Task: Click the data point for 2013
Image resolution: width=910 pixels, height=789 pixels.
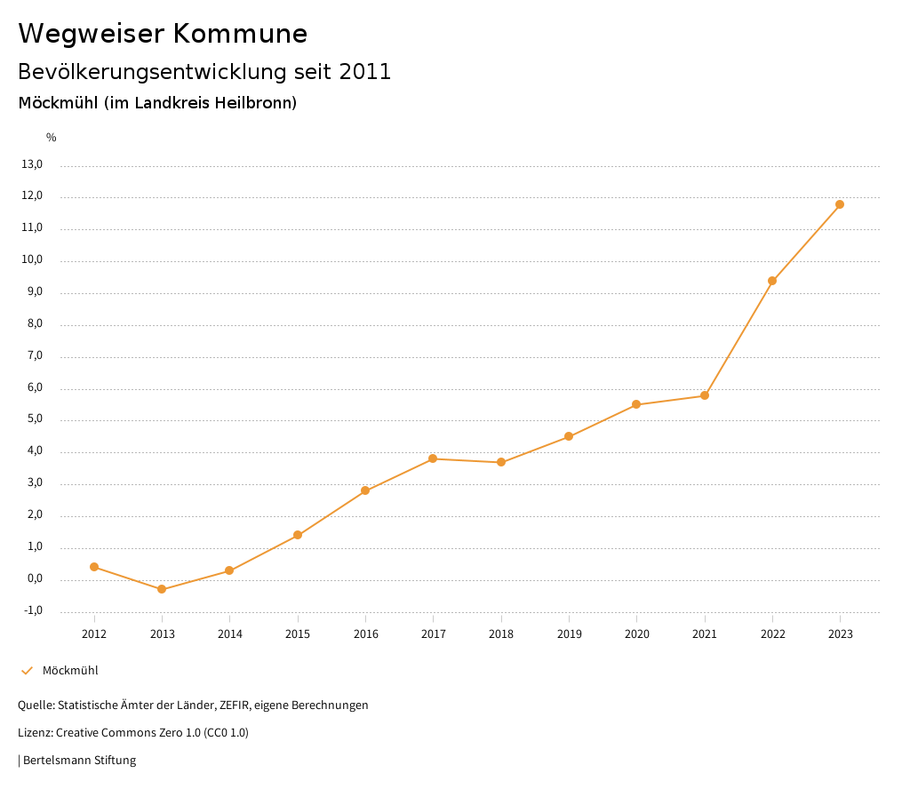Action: pos(162,589)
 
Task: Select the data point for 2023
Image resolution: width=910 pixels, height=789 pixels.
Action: pos(840,204)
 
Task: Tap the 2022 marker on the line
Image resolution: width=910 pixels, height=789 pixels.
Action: pos(772,281)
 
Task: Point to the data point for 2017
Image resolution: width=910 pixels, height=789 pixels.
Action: pos(433,458)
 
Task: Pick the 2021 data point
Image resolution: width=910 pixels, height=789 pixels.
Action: pos(705,395)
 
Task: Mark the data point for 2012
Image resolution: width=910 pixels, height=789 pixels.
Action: pos(94,567)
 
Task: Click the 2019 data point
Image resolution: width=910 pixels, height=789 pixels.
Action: pos(569,436)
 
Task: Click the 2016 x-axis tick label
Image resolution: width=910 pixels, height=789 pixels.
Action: pos(365,634)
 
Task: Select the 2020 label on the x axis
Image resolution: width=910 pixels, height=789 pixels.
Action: pos(636,634)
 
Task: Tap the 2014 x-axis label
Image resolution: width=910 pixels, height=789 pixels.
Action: pos(229,634)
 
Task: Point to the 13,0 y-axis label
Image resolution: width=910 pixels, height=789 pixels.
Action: pos(32,164)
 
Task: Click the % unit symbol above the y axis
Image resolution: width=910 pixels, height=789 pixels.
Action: pos(52,138)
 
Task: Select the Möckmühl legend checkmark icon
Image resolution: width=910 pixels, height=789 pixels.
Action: pos(27,671)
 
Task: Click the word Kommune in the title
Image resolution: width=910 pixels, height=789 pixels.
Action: pos(240,34)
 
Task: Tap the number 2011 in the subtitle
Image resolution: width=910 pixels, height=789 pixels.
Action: pos(365,72)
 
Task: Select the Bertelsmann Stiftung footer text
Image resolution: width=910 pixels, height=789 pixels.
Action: pos(79,761)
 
